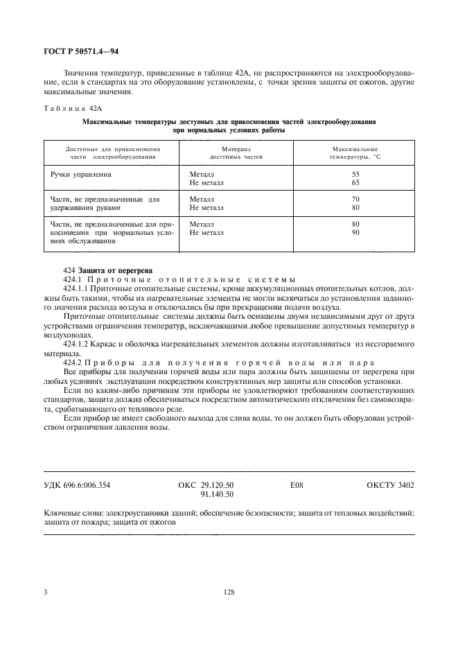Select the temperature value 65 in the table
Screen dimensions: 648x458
355,184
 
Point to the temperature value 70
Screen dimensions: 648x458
355,199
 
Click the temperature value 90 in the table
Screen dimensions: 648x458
355,233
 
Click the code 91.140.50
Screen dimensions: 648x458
217,495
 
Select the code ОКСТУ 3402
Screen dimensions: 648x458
390,485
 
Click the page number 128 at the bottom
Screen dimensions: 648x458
229,593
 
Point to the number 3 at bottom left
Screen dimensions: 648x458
45,593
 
